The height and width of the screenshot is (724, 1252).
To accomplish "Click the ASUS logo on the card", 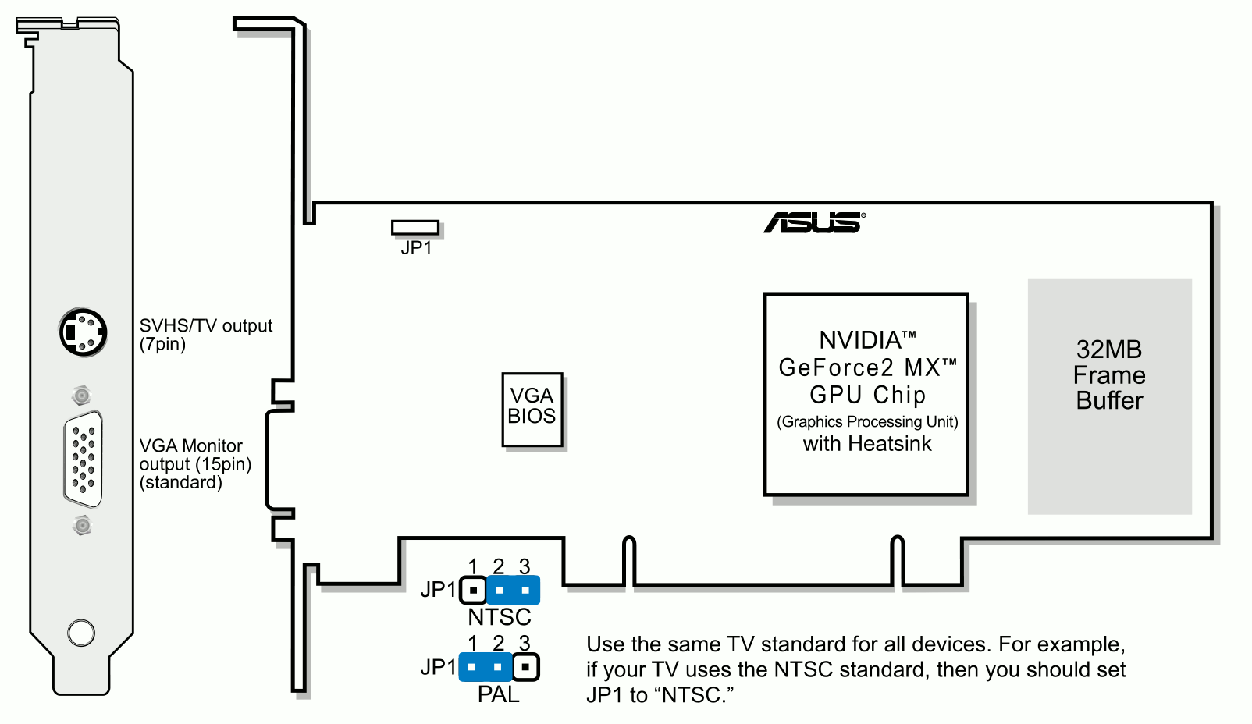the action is [815, 222].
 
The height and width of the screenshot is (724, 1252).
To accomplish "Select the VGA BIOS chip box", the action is [532, 410].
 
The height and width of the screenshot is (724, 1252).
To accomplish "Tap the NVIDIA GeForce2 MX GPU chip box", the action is [866, 394].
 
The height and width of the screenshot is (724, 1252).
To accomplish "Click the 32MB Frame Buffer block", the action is [1109, 396].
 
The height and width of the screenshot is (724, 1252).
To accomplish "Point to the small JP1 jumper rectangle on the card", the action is [415, 227].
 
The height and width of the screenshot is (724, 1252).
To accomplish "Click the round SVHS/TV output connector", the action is [84, 332].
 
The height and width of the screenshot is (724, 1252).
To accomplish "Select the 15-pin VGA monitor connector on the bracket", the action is [84, 460].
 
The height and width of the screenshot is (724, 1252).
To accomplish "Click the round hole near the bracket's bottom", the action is [81, 633].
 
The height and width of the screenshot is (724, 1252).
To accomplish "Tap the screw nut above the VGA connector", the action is [82, 396].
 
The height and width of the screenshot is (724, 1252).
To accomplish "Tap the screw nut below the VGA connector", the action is [82, 525].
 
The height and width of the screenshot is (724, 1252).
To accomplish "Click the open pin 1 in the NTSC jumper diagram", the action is [473, 590].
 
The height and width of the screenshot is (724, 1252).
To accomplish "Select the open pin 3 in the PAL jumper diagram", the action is [525, 667].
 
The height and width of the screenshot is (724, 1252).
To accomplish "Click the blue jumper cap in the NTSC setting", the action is [513, 590].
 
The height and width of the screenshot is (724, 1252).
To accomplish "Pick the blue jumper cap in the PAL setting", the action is [486, 667].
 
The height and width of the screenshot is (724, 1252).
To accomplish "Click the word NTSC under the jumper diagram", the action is [499, 617].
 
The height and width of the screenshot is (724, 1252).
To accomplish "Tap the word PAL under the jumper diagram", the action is [499, 694].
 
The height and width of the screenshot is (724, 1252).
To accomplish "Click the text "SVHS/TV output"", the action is [206, 325].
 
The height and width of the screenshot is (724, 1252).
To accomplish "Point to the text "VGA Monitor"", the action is [190, 445].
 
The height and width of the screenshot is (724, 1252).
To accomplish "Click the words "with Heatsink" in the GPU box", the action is [867, 444].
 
